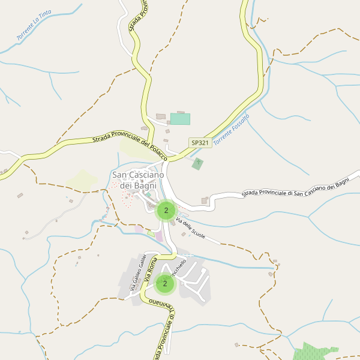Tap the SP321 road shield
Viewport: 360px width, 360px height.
200,143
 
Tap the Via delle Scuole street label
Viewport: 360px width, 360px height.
190,228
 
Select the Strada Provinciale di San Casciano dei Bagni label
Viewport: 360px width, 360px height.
295,190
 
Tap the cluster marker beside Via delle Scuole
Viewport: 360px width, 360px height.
166,211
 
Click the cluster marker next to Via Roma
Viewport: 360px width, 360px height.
164,284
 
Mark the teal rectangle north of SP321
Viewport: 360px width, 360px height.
180,119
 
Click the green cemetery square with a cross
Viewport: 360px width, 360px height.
197,164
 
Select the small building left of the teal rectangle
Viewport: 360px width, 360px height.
160,116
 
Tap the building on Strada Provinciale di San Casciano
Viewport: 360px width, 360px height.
205,201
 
